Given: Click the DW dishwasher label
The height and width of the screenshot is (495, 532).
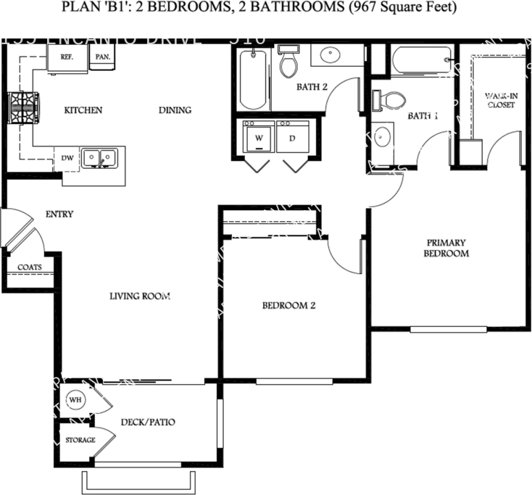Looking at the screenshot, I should [67, 157].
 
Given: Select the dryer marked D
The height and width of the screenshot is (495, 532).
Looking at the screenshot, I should [292, 137].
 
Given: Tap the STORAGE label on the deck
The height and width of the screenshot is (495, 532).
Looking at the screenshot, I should [80, 440].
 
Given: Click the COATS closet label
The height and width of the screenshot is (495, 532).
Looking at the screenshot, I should [30, 267].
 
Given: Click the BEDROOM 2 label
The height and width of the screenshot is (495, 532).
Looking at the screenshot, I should [288, 305].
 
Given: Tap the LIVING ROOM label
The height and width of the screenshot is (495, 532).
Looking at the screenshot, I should [140, 296].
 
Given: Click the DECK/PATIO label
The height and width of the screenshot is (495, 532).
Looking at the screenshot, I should [149, 422].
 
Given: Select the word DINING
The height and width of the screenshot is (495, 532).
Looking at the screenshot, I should [175, 110].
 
